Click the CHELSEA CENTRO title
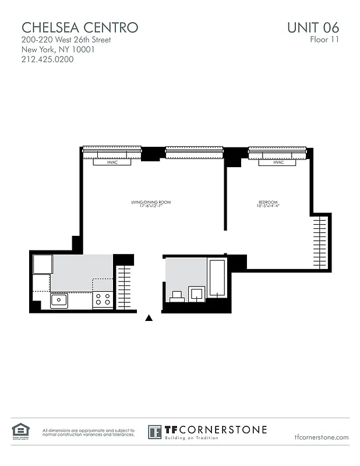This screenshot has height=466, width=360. (80, 27)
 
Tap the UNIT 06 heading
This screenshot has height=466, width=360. (313, 27)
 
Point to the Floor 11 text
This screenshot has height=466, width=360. (324, 40)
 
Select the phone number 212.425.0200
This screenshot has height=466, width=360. (48, 59)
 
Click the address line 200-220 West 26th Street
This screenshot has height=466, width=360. (66, 40)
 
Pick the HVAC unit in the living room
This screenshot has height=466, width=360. (112, 163)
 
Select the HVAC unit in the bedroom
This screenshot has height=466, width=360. (278, 163)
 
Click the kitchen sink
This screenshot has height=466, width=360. (59, 301)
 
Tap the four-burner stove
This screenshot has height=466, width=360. (103, 300)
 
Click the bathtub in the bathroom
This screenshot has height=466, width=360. (217, 278)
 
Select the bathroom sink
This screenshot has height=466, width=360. (197, 292)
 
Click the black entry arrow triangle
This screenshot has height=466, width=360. (149, 317)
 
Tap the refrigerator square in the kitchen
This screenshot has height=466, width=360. (42, 264)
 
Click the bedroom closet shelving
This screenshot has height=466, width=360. (322, 242)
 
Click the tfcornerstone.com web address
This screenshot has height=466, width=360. (322, 437)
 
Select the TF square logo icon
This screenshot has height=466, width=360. (155, 432)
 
